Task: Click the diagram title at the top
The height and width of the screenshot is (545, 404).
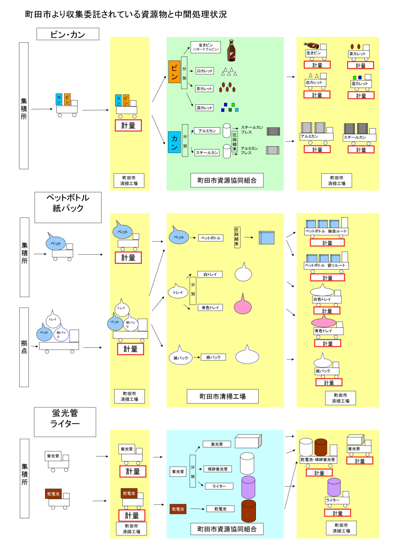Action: point(125,14)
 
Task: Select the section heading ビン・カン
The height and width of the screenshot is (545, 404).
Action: point(68,34)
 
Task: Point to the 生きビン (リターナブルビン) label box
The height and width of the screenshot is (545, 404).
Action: point(205,47)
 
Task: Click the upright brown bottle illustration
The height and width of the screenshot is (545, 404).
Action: point(231,50)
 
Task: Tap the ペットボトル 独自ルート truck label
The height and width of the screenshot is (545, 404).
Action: point(326,232)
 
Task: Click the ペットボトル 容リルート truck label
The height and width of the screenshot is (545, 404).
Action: point(325,266)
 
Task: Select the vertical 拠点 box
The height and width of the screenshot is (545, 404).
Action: point(24,347)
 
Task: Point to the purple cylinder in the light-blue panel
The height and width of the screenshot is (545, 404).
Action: point(248,487)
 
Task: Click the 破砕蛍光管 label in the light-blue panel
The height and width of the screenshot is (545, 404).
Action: point(218,469)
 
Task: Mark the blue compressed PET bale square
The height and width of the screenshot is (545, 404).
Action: point(266,237)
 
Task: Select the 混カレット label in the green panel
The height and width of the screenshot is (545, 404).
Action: point(204,108)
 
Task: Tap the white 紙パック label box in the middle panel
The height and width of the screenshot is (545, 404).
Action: point(213,357)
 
